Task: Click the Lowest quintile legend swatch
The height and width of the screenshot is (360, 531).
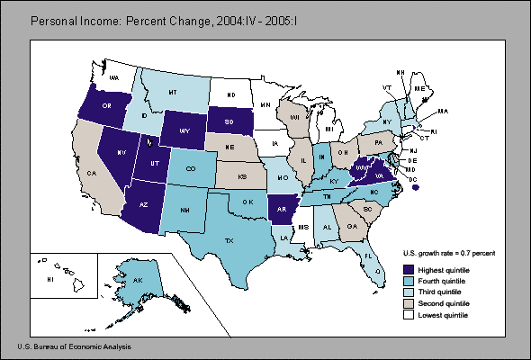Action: tap(409, 315)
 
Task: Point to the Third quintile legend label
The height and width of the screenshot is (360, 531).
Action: tap(442, 292)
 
